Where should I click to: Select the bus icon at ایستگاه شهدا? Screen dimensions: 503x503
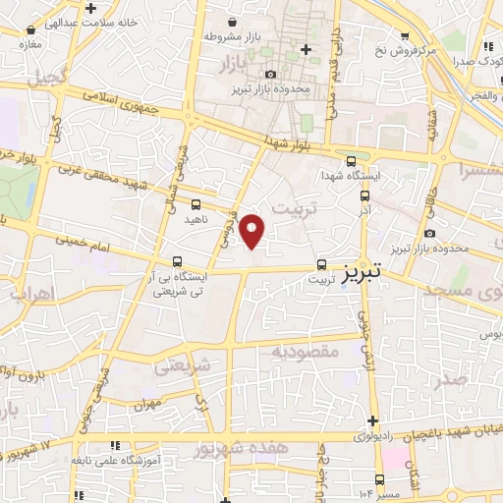[352, 163]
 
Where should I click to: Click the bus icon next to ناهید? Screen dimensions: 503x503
[195, 204]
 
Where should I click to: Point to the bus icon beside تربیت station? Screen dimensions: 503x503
[321, 265]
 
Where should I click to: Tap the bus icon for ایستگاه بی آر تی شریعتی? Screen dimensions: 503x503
[177, 261]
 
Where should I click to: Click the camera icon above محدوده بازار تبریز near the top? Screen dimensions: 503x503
[270, 74]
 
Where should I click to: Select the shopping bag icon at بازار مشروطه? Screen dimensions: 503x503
[232, 22]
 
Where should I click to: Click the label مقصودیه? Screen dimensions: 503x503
[306, 350]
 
